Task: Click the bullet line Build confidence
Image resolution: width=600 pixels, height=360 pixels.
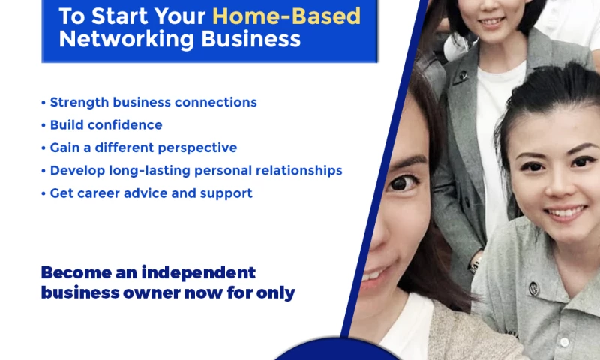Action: coord(106,125)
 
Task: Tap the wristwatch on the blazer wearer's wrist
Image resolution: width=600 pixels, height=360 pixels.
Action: coord(475,262)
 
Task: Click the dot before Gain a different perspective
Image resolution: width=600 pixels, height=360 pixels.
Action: coord(43,148)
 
